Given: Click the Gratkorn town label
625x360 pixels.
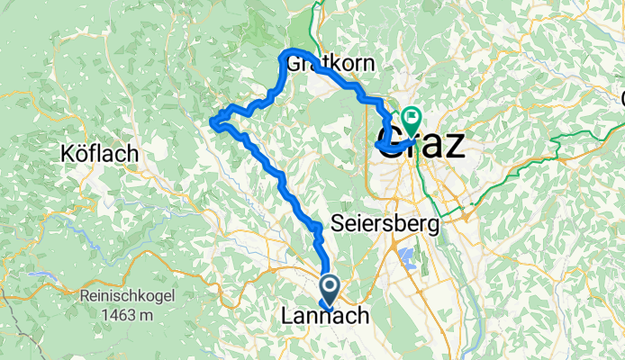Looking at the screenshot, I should click(x=334, y=64).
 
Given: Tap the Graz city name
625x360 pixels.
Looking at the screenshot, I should click(x=421, y=145).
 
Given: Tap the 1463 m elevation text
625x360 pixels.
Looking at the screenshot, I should click(x=127, y=315).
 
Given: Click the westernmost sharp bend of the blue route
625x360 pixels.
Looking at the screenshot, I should click(x=213, y=121).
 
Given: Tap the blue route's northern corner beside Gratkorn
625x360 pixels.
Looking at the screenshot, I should click(x=287, y=52).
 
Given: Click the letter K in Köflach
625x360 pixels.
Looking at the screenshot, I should click(x=68, y=154).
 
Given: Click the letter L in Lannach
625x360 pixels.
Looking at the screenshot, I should click(x=287, y=316).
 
